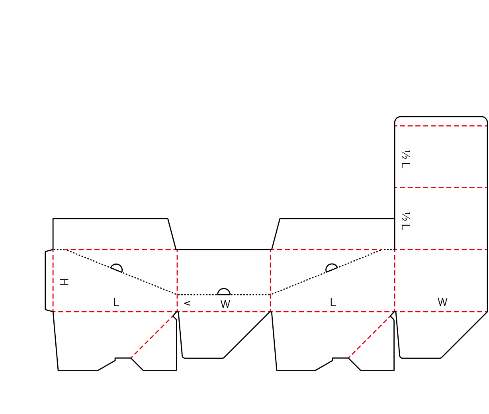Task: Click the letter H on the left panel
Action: [x=64, y=282]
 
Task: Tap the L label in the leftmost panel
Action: [x=116, y=302]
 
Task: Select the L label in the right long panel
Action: [x=333, y=302]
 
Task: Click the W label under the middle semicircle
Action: [x=225, y=304]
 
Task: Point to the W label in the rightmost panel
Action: [x=442, y=302]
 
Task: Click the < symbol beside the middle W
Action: [x=187, y=303]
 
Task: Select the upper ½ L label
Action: [x=405, y=159]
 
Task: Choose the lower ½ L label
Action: [x=405, y=221]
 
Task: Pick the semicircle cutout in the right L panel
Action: [x=331, y=267]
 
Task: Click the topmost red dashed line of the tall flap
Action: [x=441, y=126]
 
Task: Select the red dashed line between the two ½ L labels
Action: [x=441, y=188]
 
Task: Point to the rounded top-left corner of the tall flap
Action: [x=397, y=119]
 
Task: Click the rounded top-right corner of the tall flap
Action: [x=485, y=119]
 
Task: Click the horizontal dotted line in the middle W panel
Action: [x=224, y=295]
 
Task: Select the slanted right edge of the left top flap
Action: [x=172, y=234]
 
